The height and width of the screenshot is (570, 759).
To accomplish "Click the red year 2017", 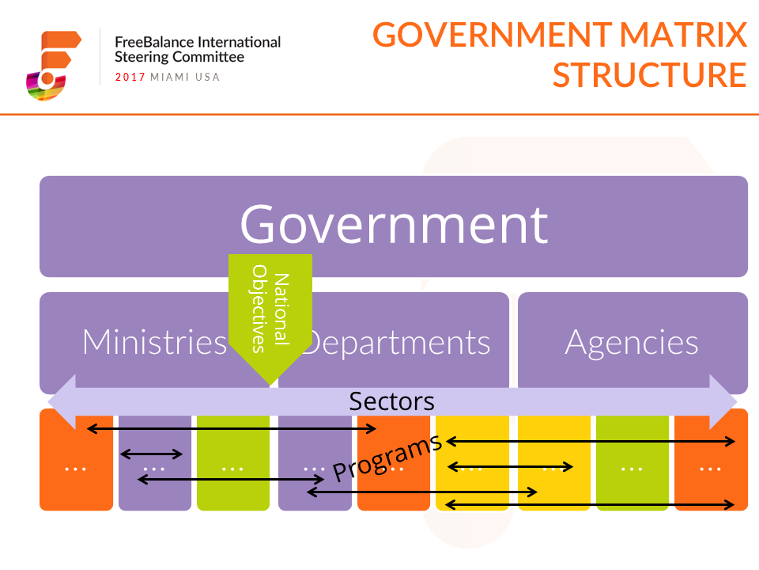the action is pos(130,77).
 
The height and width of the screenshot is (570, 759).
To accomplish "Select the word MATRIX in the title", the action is pos(683,35).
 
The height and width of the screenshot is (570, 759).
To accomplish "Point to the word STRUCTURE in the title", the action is pos(650,75).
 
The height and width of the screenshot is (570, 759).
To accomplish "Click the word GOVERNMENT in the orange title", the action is pos(493,35).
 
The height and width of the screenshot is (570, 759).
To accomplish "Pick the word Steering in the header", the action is pos(142,58).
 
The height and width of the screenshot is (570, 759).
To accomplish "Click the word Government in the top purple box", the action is pos(394,224).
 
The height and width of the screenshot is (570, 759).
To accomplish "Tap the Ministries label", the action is pos(155,342).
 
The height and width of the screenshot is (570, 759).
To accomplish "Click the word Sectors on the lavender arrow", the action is pos(391,401).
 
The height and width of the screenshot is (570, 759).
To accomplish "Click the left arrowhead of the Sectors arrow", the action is pos(62,402).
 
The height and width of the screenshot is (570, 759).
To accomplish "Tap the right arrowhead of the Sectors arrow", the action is pos(723,402).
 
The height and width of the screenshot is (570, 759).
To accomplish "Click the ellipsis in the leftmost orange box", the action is pos(76,469).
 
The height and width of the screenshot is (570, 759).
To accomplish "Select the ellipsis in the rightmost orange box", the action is pos(710,469).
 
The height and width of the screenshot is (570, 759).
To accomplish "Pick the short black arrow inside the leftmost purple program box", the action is pos(151,454).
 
